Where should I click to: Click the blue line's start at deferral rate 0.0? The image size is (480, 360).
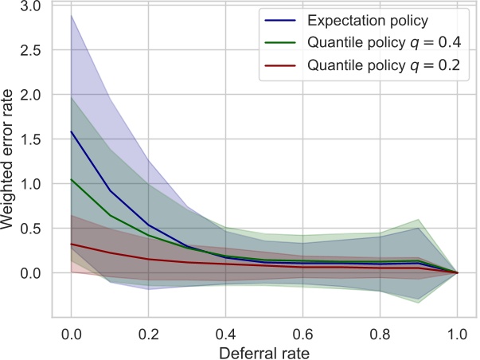(x=70, y=131)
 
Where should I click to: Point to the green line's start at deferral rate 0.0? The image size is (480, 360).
(x=70, y=179)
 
